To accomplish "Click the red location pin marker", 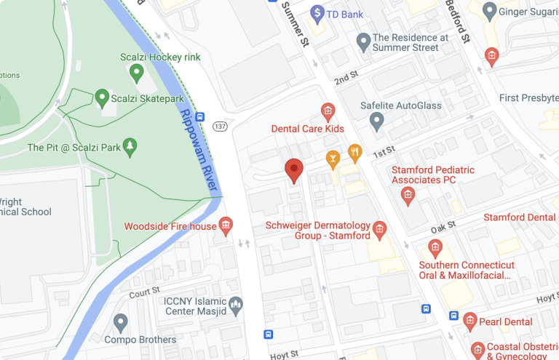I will (x=293, y=170).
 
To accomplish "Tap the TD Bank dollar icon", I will (x=317, y=12).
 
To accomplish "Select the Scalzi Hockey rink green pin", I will (x=135, y=72).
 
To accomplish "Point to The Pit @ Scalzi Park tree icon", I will (x=130, y=147).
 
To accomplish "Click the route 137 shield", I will (x=220, y=127).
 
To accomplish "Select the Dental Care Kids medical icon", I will (x=328, y=111).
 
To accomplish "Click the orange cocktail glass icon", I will (x=332, y=158).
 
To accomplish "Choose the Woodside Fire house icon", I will (x=226, y=226).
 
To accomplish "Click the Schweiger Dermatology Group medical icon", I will (x=379, y=231).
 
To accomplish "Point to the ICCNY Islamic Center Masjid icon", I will (x=235, y=305).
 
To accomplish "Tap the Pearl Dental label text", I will (x=506, y=321).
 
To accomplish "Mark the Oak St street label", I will (x=442, y=228).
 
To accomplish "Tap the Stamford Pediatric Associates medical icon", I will (x=408, y=194).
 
